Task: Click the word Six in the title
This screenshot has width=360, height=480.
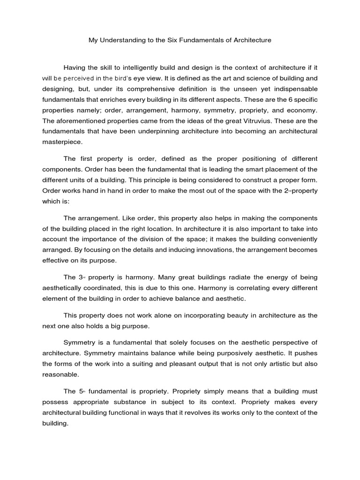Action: point(173,40)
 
